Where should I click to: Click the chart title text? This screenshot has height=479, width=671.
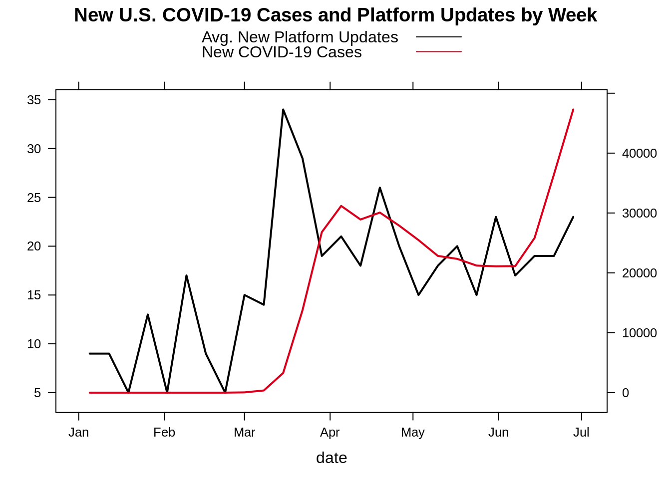[335, 15]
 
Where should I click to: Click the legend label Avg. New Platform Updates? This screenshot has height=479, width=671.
[300, 37]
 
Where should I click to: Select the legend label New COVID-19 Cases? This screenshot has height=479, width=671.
[282, 52]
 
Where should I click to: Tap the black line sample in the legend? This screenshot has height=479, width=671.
[438, 37]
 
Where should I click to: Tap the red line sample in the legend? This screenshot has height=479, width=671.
[438, 52]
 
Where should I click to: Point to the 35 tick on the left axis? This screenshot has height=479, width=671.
[34, 100]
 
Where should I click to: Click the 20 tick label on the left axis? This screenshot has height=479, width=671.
[34, 246]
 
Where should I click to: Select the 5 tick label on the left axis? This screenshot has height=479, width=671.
[37, 393]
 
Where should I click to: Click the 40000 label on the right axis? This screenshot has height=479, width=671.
[639, 154]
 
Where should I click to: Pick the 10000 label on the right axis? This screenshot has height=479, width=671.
[639, 333]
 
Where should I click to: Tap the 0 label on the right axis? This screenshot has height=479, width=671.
[625, 393]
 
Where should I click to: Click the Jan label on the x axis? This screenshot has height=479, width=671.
[78, 433]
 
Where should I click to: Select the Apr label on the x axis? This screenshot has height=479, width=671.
[330, 433]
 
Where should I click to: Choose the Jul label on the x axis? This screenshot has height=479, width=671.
[581, 433]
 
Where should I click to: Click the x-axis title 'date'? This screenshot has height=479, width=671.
[332, 458]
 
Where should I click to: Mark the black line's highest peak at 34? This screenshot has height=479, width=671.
[283, 110]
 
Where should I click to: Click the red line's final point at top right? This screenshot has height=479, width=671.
[573, 109]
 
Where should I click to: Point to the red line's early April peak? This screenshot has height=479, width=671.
[341, 206]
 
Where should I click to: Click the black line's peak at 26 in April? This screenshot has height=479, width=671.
[379, 188]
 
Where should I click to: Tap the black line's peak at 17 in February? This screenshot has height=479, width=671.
[186, 275]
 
